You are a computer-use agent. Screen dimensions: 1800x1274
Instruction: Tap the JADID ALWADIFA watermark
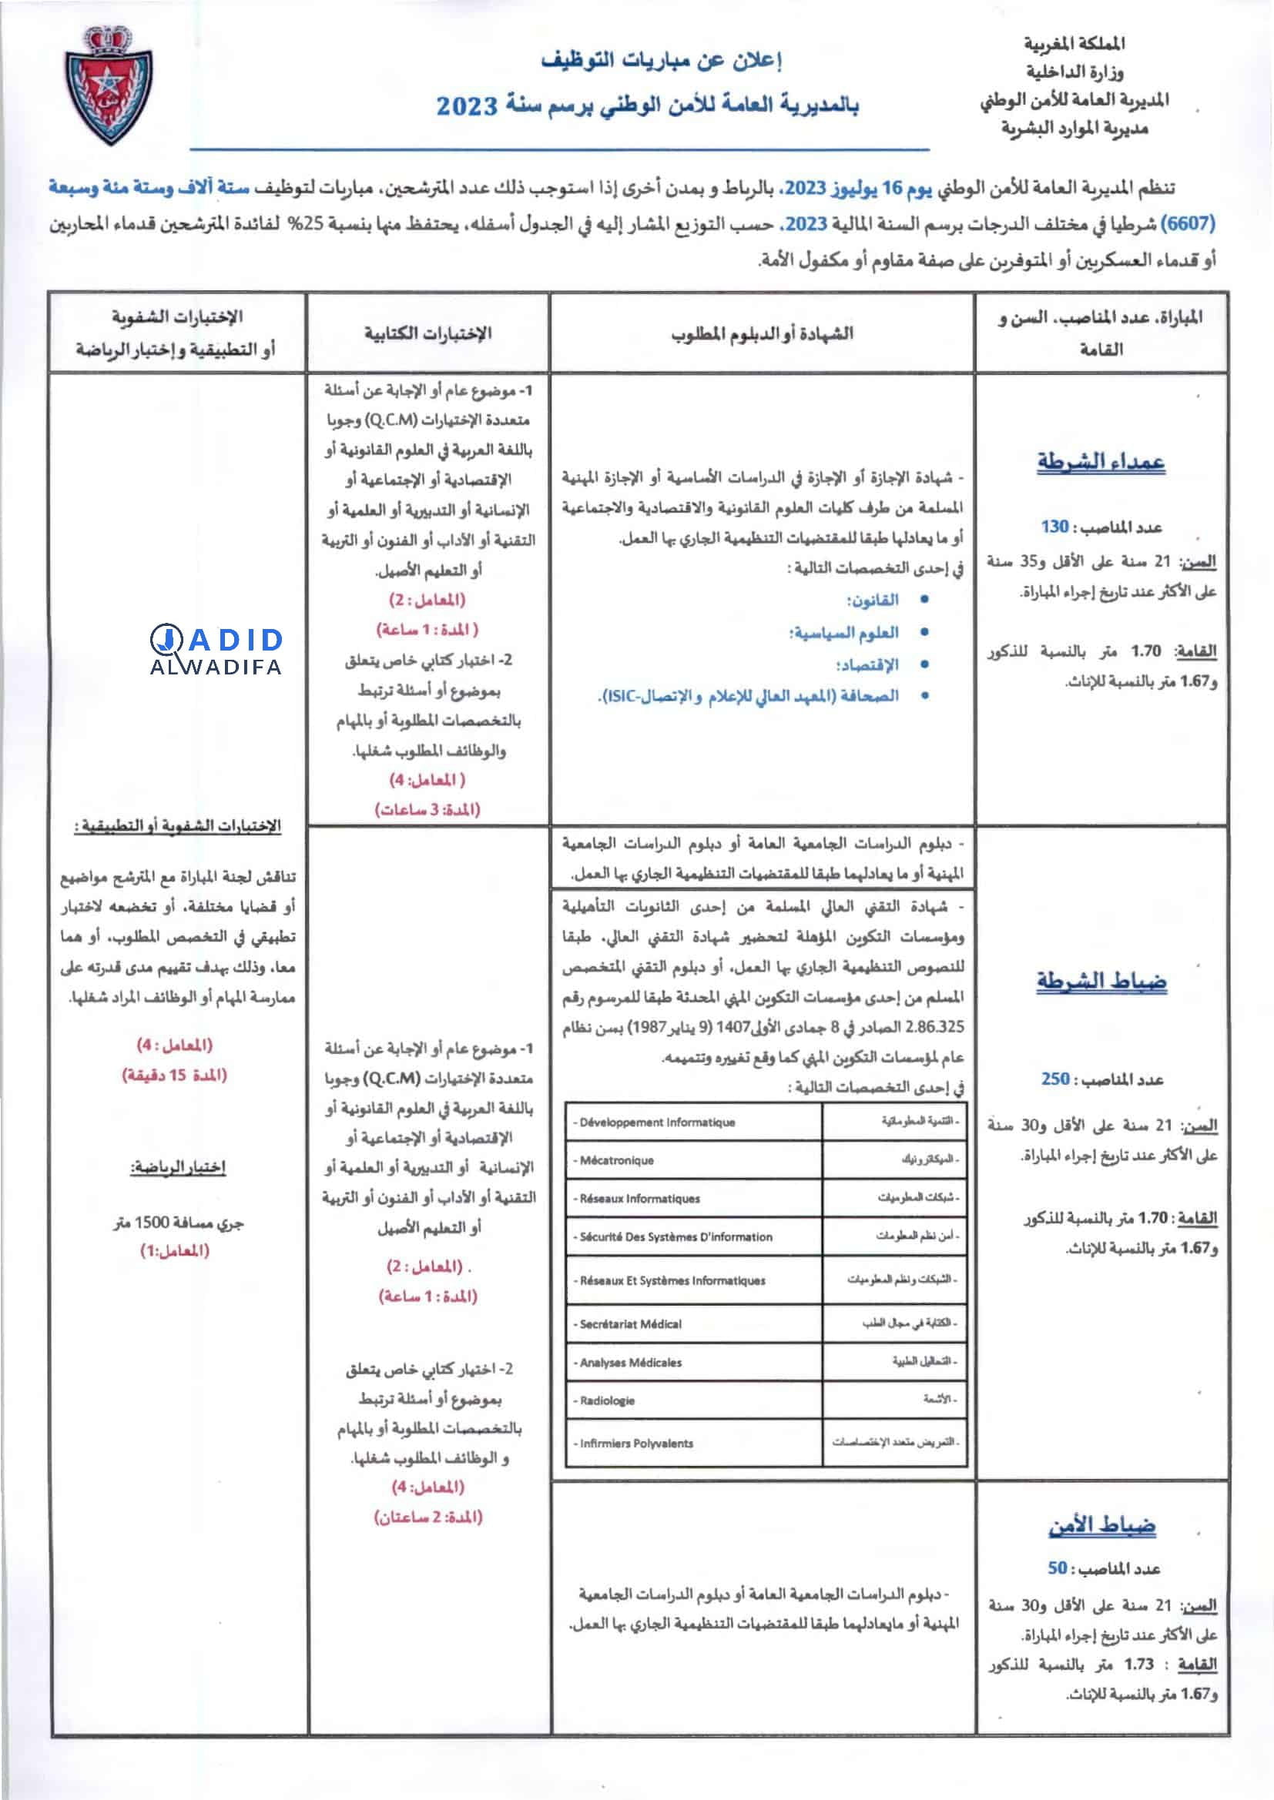click(216, 651)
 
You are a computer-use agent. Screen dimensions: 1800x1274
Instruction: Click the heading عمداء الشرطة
click(1101, 462)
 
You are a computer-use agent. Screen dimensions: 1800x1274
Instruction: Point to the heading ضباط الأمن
click(1101, 1525)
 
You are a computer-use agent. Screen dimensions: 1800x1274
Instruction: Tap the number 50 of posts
click(1058, 1568)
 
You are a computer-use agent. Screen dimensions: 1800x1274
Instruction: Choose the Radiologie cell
click(607, 1400)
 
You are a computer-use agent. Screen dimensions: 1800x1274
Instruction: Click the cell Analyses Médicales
click(630, 1362)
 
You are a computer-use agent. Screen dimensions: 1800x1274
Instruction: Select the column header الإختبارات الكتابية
click(427, 333)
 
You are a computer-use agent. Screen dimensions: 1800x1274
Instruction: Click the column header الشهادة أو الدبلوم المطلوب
click(762, 333)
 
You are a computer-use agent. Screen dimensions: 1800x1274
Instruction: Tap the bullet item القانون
click(873, 600)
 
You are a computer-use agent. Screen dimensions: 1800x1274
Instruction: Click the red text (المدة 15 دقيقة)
click(174, 1075)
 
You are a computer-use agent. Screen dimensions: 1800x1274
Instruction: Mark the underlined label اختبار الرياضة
click(178, 1167)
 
